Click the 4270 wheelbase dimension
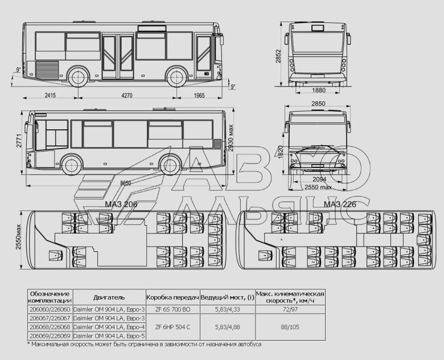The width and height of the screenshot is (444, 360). coord(126,96)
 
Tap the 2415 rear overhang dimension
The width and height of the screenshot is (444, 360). coord(50,95)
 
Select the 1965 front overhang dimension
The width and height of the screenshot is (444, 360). coord(199,96)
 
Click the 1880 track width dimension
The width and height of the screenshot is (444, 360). coord(319,91)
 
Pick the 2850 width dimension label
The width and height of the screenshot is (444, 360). coord(318,104)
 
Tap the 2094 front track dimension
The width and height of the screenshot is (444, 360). coord(319,179)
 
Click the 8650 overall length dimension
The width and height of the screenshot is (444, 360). coord(125,183)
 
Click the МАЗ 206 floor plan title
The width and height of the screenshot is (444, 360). coord(121,204)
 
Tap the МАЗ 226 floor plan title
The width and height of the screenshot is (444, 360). coord(340,204)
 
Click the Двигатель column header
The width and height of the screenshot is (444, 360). coord(109,297)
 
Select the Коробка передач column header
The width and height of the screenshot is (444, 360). coord(172,297)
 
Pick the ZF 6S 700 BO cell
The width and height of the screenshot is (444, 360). coord(172,309)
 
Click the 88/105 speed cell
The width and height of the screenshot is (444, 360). coord(290,327)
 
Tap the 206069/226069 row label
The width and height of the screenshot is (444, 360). coord(50,336)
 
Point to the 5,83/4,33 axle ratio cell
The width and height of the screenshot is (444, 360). coord(227,309)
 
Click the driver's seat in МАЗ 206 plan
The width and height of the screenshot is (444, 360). coord(55,256)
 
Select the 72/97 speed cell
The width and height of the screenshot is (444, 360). coord(290,309)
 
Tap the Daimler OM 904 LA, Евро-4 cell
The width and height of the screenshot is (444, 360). coord(109,327)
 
